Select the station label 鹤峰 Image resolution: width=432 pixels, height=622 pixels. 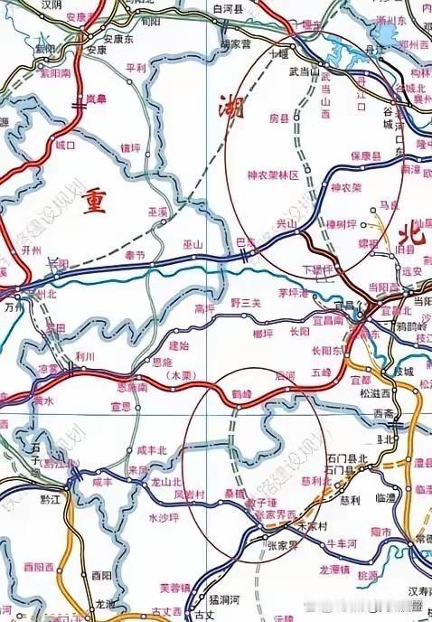240,395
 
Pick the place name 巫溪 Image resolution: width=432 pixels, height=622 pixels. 157,211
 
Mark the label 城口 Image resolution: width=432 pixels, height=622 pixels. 65,144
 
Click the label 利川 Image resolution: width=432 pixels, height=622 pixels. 85,357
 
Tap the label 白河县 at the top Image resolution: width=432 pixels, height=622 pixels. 229,7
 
